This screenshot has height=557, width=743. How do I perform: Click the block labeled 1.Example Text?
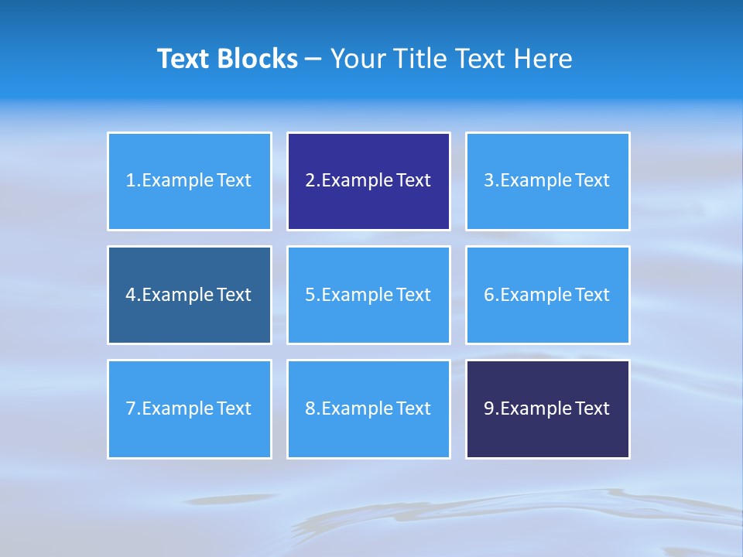click(x=189, y=181)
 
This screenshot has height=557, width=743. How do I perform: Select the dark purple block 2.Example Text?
click(x=368, y=181)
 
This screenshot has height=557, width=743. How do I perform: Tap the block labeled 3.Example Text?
click(x=547, y=181)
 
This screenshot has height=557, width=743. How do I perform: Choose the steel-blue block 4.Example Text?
click(x=189, y=295)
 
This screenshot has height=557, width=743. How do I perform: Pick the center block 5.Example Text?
click(x=368, y=295)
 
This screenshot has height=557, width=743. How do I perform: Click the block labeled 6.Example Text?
click(x=547, y=295)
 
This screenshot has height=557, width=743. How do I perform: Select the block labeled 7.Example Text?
click(x=189, y=408)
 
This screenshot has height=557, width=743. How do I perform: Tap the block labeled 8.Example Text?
click(x=368, y=408)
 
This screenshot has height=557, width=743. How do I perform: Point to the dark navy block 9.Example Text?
click(x=547, y=408)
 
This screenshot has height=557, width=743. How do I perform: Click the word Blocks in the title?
click(x=259, y=59)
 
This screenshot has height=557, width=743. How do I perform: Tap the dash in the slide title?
click(x=313, y=60)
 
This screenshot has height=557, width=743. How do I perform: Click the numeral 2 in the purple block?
click(x=310, y=181)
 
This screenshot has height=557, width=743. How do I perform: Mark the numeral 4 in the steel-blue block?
click(x=131, y=295)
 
